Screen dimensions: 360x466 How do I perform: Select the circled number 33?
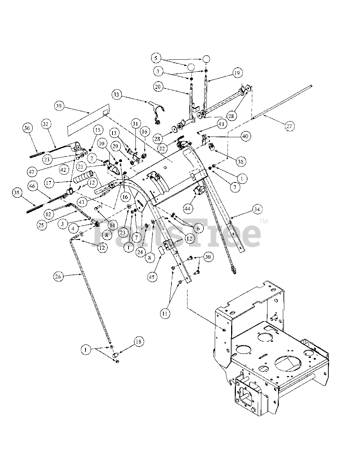coord(116,95)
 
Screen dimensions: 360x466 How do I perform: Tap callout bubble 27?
coord(289,126)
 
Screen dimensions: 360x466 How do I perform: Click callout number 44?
coord(187,209)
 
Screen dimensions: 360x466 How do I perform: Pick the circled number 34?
coord(257,209)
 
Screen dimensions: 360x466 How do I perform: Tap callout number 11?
coord(165,313)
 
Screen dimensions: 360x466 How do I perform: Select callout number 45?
coord(152,277)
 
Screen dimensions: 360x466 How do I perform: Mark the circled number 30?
coord(208,257)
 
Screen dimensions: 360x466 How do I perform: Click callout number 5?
coord(156,58)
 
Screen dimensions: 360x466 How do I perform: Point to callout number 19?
coord(237,73)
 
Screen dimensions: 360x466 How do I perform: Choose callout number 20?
coord(158,87)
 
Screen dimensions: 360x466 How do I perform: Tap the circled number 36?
coord(27,128)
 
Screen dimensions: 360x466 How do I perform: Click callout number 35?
coord(17,193)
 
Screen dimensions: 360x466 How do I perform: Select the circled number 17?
coord(49,183)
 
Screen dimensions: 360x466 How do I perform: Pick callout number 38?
coord(241,162)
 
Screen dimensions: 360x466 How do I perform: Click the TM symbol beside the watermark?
coord(264,221)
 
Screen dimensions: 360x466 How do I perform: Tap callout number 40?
coord(245,136)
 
